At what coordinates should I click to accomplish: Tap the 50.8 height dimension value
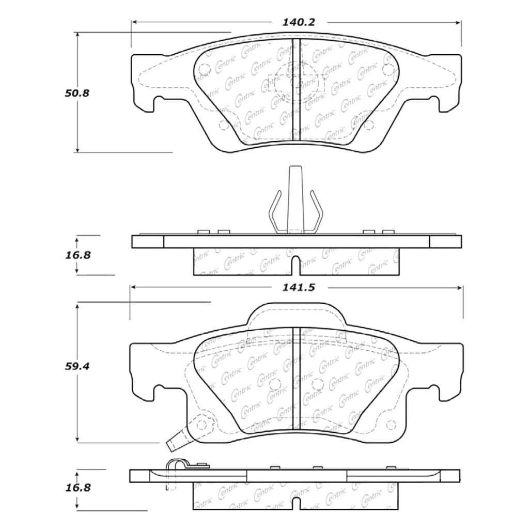[77, 93]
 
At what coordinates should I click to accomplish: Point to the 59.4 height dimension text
[77, 366]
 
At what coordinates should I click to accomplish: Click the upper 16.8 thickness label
[78, 255]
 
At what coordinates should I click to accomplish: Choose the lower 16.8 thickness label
[78, 488]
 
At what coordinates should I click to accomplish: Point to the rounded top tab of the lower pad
[295, 314]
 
